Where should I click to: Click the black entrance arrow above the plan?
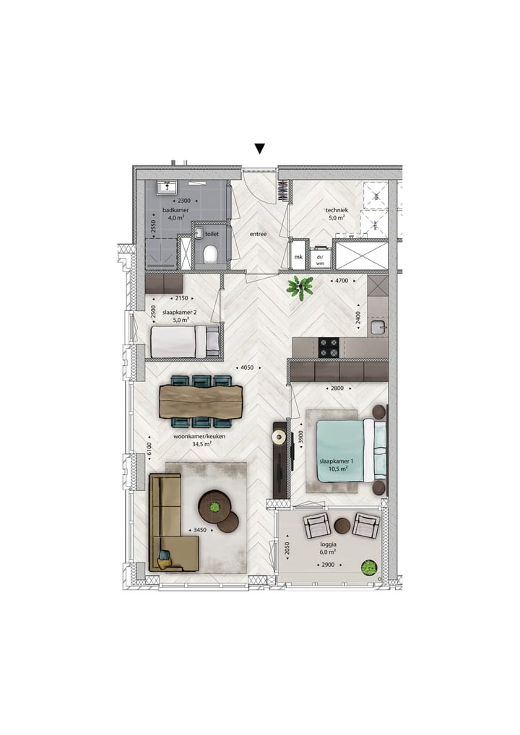click(259, 149)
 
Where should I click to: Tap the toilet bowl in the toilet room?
click(210, 254)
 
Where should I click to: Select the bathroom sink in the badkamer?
click(166, 187)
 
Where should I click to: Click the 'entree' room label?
click(258, 234)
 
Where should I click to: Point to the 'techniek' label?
click(337, 211)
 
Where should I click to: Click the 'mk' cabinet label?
click(298, 257)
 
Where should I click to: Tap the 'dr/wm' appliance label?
click(320, 260)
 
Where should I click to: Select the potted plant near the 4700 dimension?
click(300, 287)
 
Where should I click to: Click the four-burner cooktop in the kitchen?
click(329, 347)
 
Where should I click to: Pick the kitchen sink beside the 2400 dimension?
click(378, 327)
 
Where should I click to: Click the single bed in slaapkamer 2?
click(185, 341)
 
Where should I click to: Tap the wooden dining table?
click(200, 401)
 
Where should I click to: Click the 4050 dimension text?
click(247, 367)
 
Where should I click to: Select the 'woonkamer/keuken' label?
click(199, 436)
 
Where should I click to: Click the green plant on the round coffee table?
click(215, 506)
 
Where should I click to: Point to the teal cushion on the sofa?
click(164, 555)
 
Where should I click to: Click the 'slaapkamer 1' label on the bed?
click(337, 461)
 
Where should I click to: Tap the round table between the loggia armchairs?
click(342, 526)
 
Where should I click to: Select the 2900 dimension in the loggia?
click(328, 565)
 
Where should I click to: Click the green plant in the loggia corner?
click(369, 567)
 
